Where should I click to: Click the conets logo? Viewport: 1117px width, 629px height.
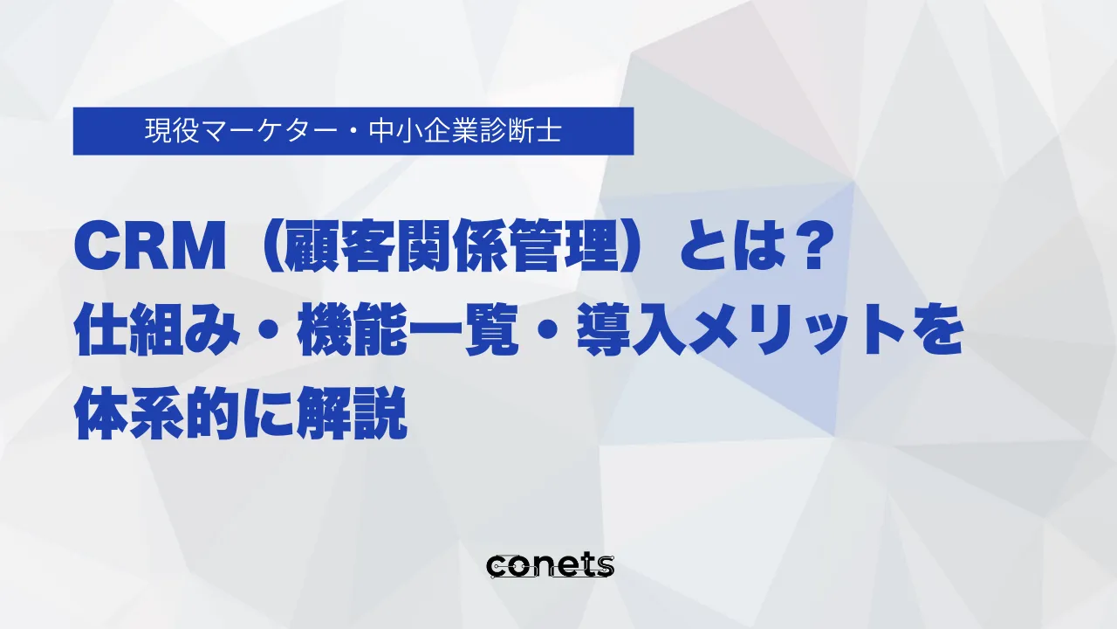pyautogui.click(x=550, y=565)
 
